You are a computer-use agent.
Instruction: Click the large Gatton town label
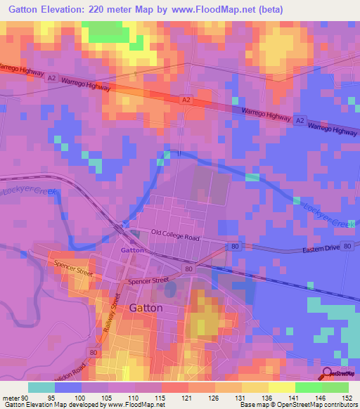point(146,308)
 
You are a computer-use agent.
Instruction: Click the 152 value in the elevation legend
point(347,396)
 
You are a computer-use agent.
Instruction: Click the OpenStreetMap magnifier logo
point(328,372)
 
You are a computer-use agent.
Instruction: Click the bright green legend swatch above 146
point(309,387)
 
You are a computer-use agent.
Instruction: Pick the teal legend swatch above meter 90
point(41,387)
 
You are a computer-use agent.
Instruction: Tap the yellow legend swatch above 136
point(255,387)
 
